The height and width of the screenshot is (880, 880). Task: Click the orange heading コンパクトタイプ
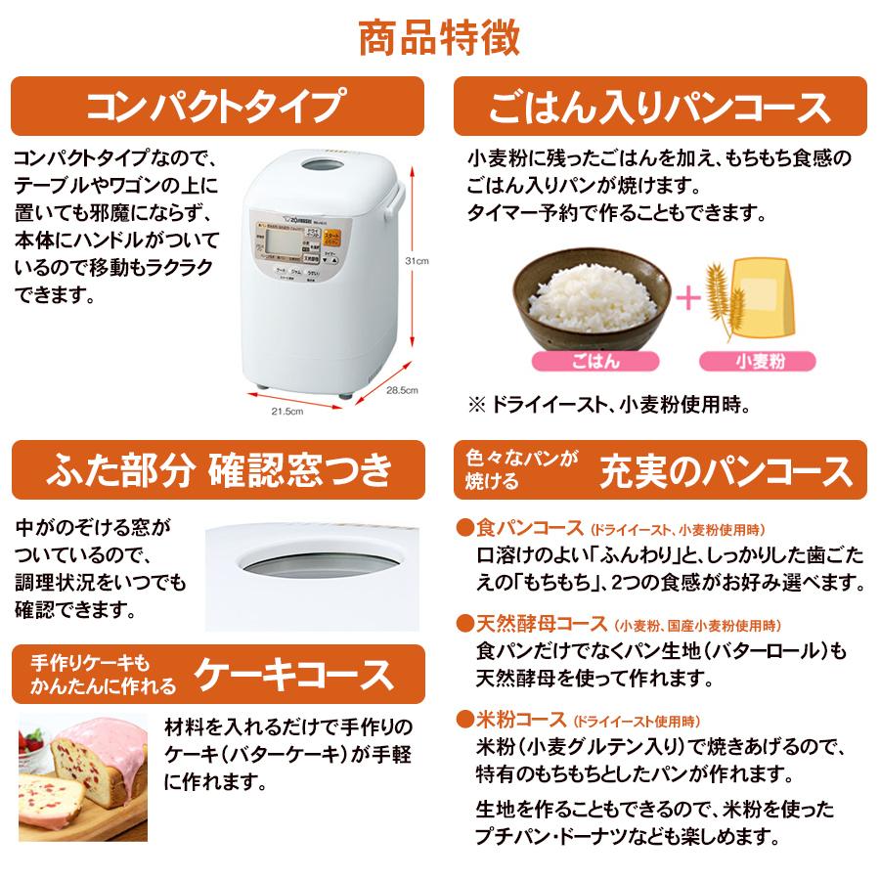tap(216, 106)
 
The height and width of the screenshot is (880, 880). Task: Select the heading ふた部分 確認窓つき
tap(217, 469)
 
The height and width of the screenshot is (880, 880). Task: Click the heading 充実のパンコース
tap(726, 470)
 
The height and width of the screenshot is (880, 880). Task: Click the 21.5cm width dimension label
tap(287, 411)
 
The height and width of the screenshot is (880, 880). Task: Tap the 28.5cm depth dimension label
tap(402, 390)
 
